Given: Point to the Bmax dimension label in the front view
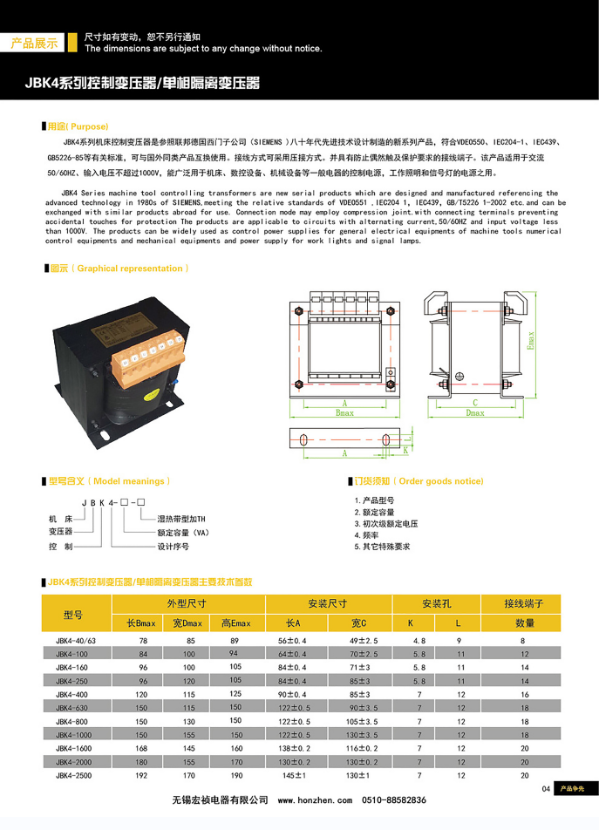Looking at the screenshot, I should point(344,413).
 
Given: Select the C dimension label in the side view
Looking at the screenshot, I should point(475,403).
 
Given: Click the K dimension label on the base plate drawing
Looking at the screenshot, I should point(406,449).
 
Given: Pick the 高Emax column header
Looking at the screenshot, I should point(235,622).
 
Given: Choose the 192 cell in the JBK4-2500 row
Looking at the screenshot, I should point(143,774).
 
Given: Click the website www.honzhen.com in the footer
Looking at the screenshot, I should point(315,799).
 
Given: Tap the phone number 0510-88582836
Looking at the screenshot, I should point(394,799).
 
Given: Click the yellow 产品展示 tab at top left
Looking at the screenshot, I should point(34,42).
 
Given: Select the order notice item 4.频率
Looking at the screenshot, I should point(372,534).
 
